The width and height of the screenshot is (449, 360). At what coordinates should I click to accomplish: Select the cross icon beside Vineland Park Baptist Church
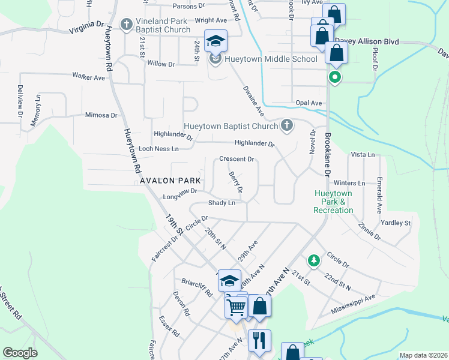pos(127,25)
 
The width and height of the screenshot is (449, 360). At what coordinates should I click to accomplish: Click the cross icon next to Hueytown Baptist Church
pos(287,125)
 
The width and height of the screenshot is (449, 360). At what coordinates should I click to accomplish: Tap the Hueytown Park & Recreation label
pos(333,202)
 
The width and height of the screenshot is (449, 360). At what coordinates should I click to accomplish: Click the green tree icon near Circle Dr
pos(313,260)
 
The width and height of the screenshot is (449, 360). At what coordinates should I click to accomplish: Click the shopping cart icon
pos(237,307)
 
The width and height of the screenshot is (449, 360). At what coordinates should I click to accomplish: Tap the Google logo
pos(20,352)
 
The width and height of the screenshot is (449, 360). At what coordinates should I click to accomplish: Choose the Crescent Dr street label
pos(237,159)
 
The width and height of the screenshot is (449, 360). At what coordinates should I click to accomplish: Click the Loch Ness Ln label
pos(158,148)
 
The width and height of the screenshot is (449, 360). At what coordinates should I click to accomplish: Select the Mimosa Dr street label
pos(101,115)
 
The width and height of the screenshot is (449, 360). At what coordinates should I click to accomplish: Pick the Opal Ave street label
pos(309,103)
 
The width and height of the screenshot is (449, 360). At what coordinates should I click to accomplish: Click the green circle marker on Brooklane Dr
pos(335,77)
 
